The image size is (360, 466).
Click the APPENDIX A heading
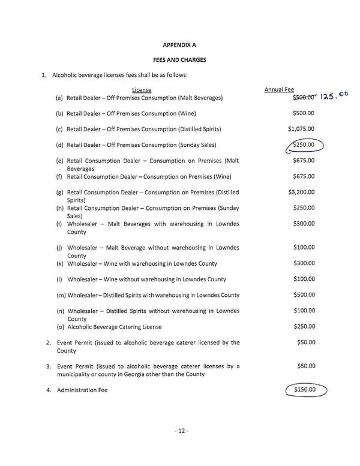click(x=179, y=44)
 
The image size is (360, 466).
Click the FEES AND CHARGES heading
click(x=179, y=60)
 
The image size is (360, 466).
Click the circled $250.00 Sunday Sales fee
click(x=304, y=145)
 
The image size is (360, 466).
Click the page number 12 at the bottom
click(x=179, y=431)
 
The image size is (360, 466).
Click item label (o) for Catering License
click(x=60, y=327)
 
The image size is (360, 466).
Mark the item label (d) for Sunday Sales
click(x=60, y=145)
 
